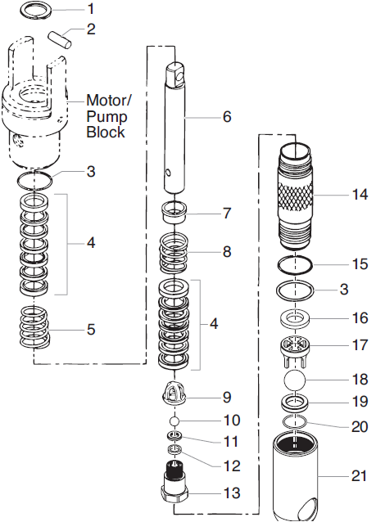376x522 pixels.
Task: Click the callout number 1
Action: (x=91, y=9)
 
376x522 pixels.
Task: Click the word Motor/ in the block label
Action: (x=107, y=99)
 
